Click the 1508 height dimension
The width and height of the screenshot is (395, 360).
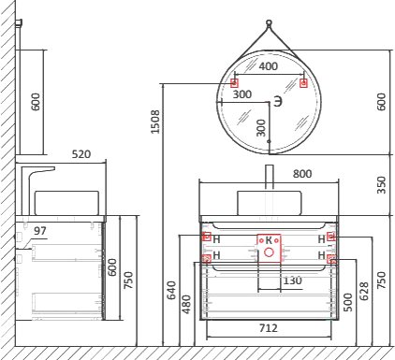pos(155,122)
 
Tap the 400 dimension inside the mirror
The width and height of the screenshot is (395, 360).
pos(269,66)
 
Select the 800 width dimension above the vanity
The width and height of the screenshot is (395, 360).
pos(302,174)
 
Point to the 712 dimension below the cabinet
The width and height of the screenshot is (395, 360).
pos(269,328)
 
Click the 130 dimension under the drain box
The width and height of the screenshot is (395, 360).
pos(292,281)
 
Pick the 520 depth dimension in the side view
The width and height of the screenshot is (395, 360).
pos(81,154)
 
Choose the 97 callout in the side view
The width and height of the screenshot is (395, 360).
pos(40,231)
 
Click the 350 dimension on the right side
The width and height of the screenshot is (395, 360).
pos(381,185)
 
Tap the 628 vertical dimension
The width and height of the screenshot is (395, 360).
pos(364,291)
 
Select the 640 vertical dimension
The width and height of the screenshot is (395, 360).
pos(171,290)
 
